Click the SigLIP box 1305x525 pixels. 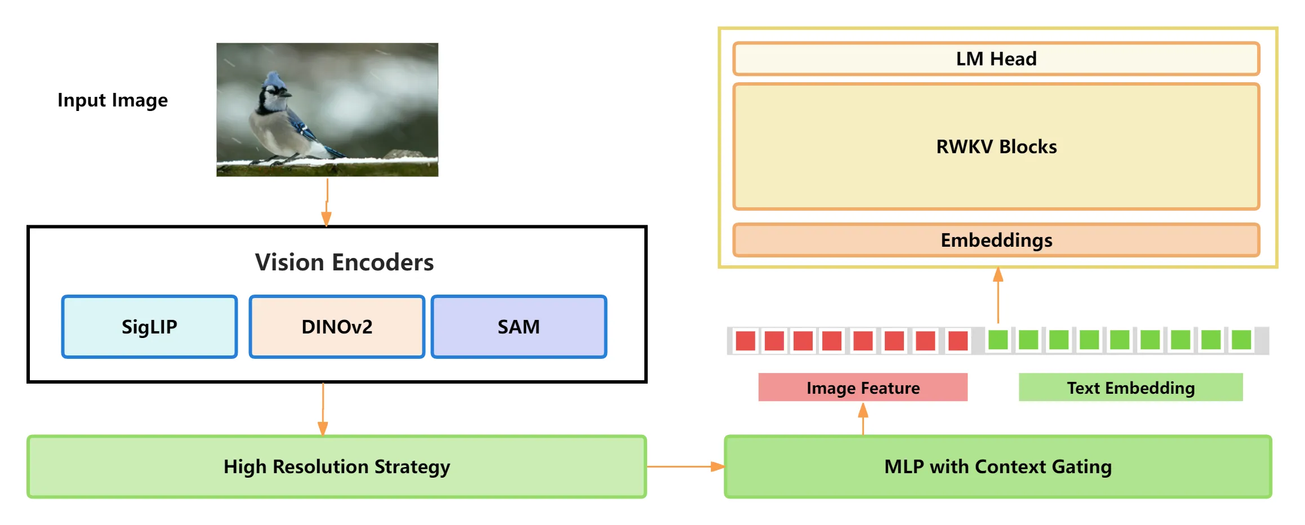149,327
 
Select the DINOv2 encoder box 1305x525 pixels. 337,327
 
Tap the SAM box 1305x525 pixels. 519,327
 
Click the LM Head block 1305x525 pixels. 996,59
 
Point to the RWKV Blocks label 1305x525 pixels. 996,146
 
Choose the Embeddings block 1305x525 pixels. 996,240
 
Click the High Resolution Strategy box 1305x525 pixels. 337,466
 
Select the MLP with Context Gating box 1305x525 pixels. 997,466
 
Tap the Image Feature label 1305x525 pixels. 863,388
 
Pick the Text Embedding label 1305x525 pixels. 1130,388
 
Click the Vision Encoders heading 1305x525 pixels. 344,262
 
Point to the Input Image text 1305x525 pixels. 113,100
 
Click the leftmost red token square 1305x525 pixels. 745,341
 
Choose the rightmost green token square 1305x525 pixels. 1241,340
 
